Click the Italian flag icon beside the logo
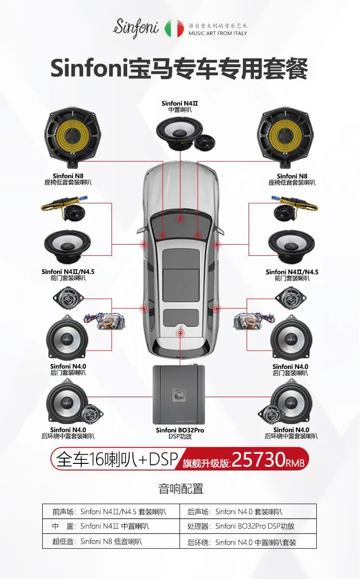coord(174,29)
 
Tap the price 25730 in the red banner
coord(259,460)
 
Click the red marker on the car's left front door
coord(144,245)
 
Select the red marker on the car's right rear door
coord(216,308)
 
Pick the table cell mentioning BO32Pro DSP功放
coord(248,526)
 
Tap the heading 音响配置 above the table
coord(181,489)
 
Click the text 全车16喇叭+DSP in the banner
coord(117,459)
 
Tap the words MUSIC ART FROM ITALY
coord(218,34)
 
